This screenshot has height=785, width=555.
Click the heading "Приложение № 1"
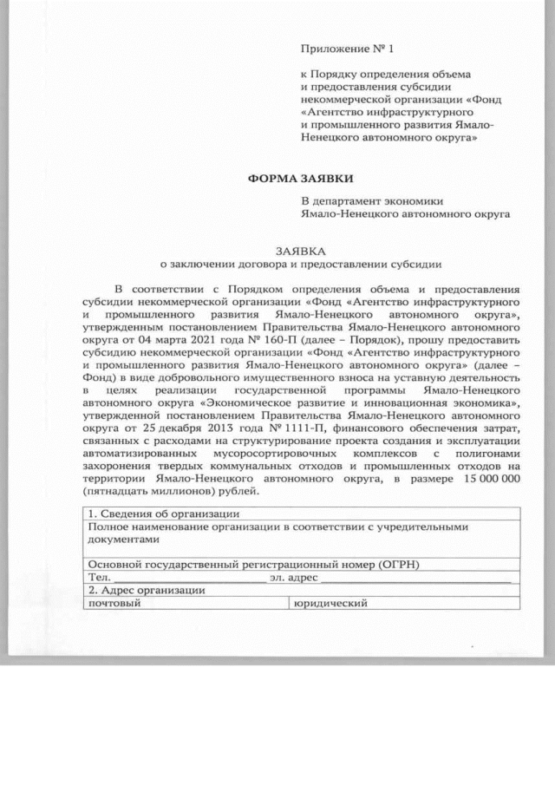[341, 46]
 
